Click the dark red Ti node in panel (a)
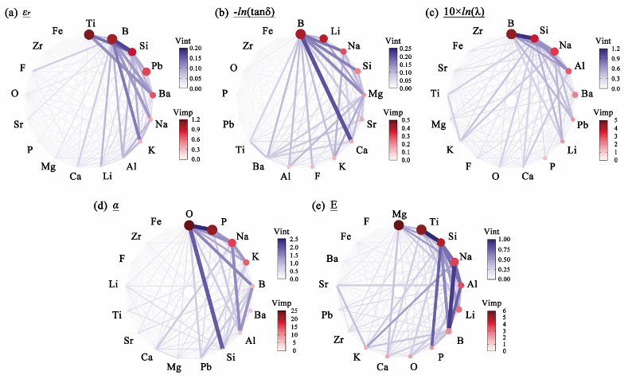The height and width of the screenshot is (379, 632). (88, 33)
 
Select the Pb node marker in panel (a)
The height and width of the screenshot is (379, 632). (146, 72)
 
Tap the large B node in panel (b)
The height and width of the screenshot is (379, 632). (300, 33)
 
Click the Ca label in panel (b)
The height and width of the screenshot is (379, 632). (362, 150)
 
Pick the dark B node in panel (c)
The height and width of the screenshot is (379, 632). (510, 33)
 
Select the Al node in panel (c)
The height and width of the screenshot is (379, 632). (569, 71)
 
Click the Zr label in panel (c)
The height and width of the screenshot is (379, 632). (478, 31)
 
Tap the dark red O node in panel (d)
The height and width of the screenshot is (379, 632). (189, 225)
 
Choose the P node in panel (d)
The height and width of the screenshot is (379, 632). (213, 230)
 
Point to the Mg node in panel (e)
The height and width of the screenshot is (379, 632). (398, 226)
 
